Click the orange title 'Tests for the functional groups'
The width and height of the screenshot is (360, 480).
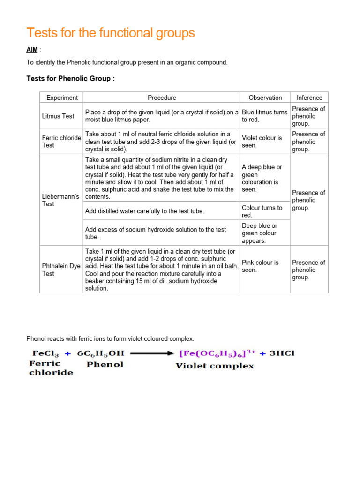(111, 33)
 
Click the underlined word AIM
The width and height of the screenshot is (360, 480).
(32, 50)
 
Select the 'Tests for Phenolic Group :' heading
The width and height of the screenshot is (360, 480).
(70, 78)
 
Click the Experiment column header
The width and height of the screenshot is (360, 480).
(62, 97)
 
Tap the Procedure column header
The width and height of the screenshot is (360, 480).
(162, 97)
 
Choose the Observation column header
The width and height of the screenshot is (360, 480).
(265, 97)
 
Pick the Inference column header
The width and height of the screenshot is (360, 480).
(309, 97)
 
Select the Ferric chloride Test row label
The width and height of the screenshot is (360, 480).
(61, 142)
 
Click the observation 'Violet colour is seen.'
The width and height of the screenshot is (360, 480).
(262, 142)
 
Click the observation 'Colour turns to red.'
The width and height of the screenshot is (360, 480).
(262, 211)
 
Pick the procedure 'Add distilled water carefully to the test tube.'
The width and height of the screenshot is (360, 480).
(145, 211)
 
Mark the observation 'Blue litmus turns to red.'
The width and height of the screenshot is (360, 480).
(264, 116)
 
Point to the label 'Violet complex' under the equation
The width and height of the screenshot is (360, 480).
(215, 366)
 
